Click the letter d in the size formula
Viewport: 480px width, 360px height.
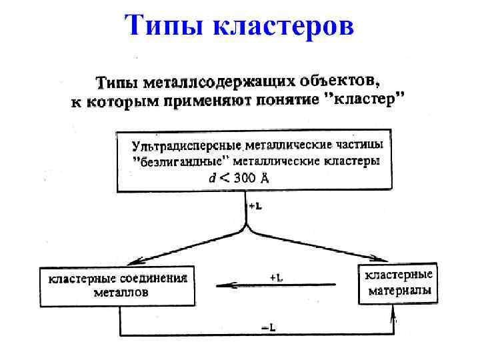click(213, 178)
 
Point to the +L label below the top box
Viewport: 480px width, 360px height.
click(255, 206)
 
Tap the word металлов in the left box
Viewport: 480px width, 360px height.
click(120, 292)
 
